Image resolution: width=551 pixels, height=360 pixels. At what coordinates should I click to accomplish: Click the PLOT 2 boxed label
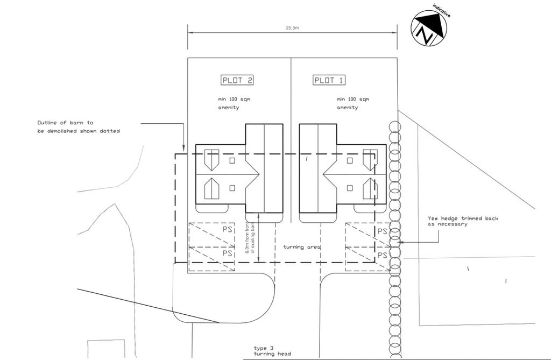point(237,81)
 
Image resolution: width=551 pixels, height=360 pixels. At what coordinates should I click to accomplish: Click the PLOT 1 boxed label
point(329,81)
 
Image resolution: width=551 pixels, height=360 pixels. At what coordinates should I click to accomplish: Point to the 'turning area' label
point(302,247)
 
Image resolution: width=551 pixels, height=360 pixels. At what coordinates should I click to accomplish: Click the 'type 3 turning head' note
point(273,351)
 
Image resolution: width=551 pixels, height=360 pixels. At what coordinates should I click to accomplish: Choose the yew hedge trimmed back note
point(463,221)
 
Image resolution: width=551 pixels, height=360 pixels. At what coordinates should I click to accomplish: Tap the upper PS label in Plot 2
point(227,230)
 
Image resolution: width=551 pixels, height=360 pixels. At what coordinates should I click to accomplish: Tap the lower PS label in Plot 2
point(227,253)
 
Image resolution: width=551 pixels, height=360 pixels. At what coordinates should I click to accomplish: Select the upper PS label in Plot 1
point(383,231)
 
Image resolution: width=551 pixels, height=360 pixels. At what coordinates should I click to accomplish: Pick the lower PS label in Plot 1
point(383,254)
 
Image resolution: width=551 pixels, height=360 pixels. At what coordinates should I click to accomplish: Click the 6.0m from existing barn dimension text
point(250,237)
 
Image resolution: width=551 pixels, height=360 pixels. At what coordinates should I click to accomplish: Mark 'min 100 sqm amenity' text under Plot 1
point(353,103)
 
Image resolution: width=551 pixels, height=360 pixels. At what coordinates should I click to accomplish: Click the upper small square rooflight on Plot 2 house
point(232,160)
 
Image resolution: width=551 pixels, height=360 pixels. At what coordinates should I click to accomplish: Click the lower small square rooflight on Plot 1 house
point(350,188)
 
